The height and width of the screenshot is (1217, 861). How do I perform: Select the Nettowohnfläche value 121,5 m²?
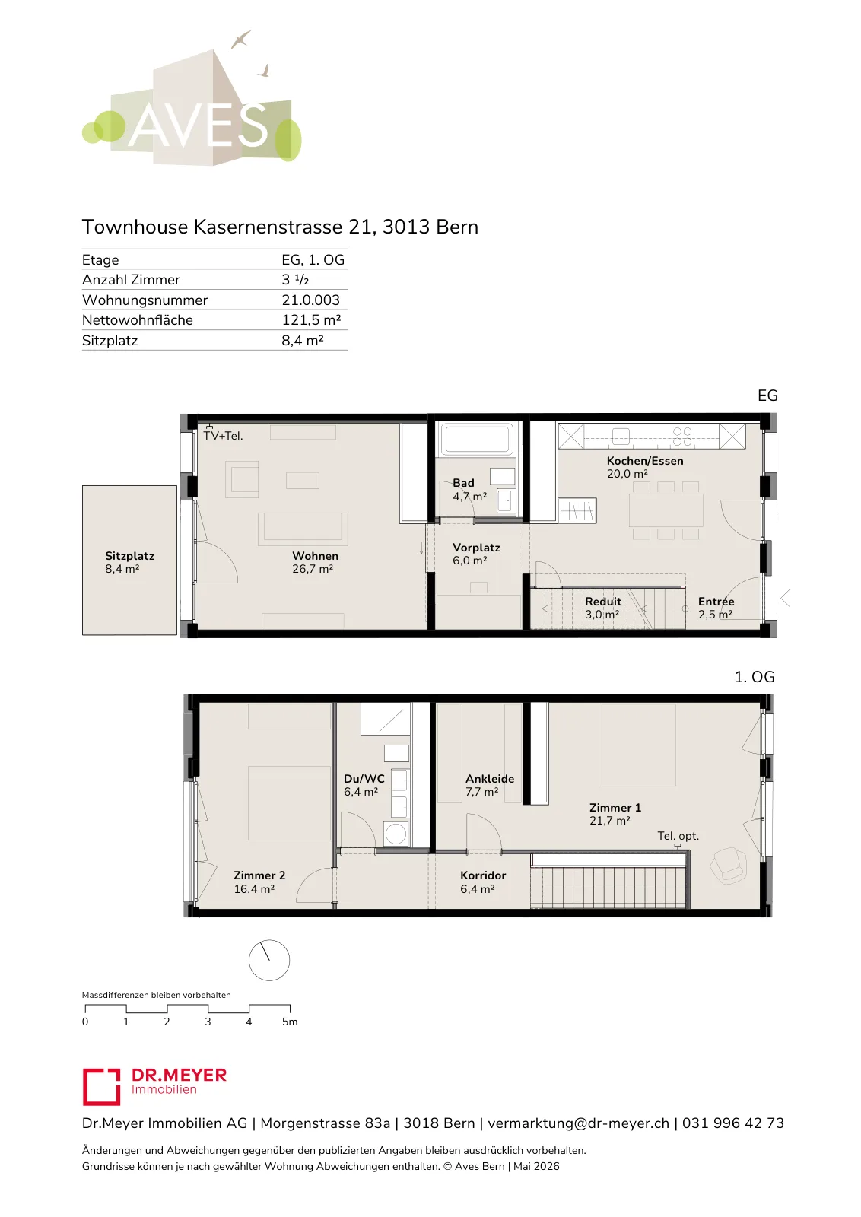pos(311,320)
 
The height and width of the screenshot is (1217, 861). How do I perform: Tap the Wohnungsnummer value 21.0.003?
pos(310,300)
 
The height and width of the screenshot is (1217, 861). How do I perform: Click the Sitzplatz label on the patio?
pos(129,556)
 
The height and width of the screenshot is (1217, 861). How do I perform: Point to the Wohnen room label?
pos(315,556)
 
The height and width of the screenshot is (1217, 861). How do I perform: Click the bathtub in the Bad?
pos(478,439)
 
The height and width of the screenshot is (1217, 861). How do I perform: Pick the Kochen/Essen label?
pos(645,461)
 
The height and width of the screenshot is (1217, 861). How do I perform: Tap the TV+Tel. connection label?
pos(223,436)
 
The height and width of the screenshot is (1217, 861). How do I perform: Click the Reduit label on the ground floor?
pos(603,602)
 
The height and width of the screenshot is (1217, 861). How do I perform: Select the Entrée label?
pos(716,602)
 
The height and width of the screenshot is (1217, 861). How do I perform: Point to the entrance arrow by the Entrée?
pos(785,598)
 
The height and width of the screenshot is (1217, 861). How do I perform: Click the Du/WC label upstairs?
pos(364,779)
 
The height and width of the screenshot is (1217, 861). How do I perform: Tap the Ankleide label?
pos(489,779)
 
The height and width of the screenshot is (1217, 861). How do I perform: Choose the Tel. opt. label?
pos(678,836)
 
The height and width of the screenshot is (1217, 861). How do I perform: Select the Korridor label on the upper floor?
pos(483,875)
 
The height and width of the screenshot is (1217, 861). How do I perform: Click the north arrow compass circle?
pos(269,960)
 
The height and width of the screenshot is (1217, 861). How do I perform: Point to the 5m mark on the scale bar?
pos(290,1022)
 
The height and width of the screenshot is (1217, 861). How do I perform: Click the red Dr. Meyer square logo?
pos(101,1087)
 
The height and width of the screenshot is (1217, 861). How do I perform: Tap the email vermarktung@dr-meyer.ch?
pos(578,1123)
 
